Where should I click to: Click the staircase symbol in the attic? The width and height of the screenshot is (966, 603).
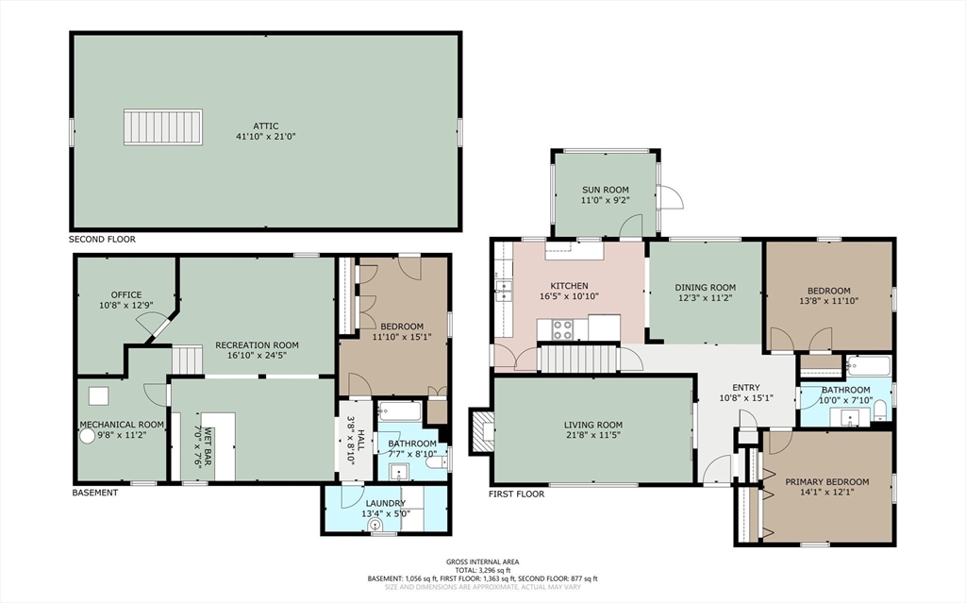coord(163,127)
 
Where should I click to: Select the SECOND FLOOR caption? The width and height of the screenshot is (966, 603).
coord(102,240)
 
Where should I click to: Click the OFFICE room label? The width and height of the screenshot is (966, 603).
coord(125,294)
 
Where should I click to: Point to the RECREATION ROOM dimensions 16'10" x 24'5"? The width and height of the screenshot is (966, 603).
coord(257,357)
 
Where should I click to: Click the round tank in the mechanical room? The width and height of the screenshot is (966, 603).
coord(89,438)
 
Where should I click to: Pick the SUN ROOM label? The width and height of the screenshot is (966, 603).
coord(605,190)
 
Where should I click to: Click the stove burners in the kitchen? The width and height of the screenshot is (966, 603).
coord(563,329)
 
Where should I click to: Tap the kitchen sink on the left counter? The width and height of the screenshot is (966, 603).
coord(503,290)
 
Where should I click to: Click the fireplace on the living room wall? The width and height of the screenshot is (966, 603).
coord(483,431)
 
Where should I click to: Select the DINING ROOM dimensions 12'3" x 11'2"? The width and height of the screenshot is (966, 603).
coord(705,298)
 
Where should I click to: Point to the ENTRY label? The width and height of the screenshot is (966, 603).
coord(745,387)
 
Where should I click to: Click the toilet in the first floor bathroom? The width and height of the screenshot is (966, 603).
coord(879,409)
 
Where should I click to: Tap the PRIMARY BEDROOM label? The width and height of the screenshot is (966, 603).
coord(826,482)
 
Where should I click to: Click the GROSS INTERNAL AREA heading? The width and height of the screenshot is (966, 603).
coord(482,561)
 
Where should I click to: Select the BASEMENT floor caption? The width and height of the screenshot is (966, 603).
coord(95,493)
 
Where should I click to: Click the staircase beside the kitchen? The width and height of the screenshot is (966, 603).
coord(577,359)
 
